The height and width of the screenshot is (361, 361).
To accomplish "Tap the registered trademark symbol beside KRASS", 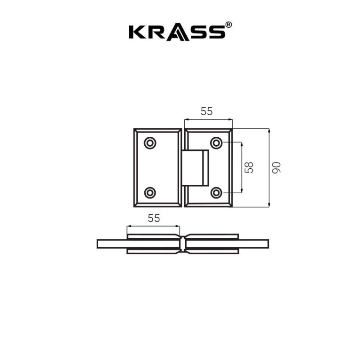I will [228, 24].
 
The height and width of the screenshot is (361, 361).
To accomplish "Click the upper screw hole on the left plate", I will [150, 142].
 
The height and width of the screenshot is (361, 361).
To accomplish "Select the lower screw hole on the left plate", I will [150, 192].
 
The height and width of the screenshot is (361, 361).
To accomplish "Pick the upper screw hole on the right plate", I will [216, 142].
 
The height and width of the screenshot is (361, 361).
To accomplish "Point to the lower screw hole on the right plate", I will [216, 192].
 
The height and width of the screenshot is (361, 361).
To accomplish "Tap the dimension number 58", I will [249, 167].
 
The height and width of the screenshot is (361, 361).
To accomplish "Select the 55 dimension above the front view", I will [207, 111].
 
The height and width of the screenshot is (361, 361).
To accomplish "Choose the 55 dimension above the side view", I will [154, 218].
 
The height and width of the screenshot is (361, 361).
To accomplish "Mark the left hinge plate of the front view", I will [157, 167].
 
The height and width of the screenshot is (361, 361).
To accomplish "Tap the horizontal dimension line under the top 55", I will [208, 119].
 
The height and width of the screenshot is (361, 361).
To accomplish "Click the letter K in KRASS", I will [137, 32].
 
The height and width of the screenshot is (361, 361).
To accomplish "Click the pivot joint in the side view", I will [183, 243].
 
